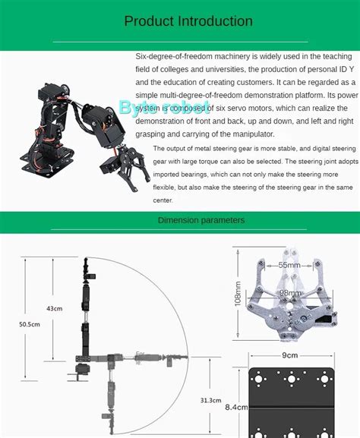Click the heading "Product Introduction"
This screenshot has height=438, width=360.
[188, 21]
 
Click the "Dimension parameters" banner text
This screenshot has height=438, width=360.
[201, 220]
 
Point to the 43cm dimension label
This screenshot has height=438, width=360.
[54, 309]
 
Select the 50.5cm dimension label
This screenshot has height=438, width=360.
[28, 325]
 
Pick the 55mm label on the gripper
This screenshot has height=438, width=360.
[289, 265]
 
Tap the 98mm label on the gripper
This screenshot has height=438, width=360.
[289, 292]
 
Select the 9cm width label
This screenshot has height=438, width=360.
[289, 355]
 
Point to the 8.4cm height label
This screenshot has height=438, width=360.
[235, 407]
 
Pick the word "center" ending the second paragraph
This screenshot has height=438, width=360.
[163, 200]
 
